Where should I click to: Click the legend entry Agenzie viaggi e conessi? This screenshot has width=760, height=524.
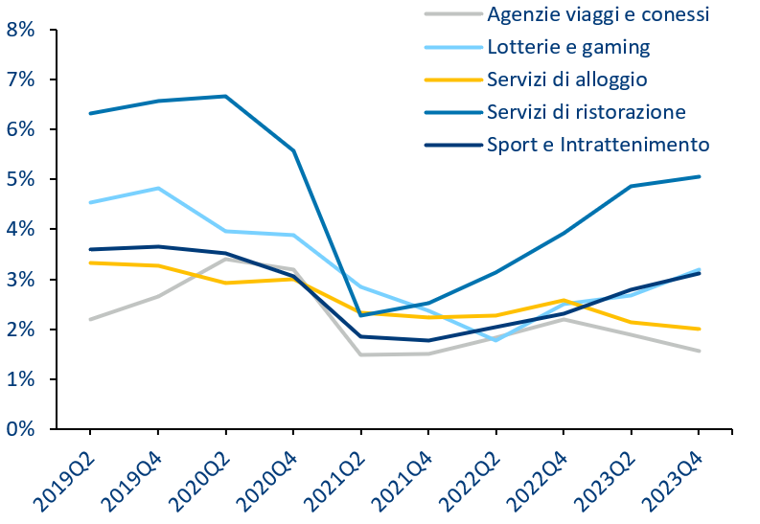(598, 14)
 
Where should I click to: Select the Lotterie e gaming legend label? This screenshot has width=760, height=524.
(568, 47)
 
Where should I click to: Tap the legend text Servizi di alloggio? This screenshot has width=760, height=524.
(567, 80)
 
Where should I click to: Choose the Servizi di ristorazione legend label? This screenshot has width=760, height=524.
(587, 112)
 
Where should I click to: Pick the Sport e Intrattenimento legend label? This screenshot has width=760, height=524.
(598, 145)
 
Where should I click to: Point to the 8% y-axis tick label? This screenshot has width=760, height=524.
(20, 30)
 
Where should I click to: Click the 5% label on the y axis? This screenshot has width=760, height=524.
(20, 180)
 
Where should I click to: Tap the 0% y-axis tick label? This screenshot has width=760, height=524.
(20, 429)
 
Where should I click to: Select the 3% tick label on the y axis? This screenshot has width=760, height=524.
(20, 280)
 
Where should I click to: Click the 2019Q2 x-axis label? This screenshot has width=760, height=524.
(66, 481)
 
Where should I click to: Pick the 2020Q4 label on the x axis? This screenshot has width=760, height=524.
(269, 481)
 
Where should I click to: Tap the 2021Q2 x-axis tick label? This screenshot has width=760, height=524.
(336, 481)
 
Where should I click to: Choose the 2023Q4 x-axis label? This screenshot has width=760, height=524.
(675, 481)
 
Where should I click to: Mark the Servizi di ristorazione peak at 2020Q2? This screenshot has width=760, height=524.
(226, 97)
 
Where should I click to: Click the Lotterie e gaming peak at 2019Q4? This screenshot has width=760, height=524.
(158, 188)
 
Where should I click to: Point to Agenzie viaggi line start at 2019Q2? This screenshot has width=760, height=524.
(91, 320)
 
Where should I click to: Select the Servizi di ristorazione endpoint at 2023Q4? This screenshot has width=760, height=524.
(699, 177)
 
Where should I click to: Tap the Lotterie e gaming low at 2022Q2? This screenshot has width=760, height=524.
(495, 340)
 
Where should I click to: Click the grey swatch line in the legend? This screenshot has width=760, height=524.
(453, 14)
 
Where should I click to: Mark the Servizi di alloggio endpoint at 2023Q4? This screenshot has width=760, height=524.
(699, 330)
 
